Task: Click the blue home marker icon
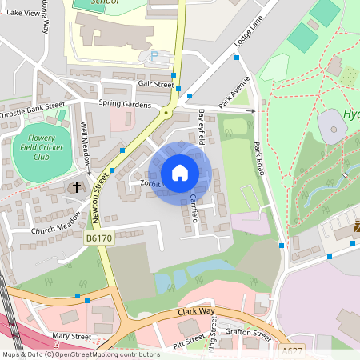point(180,173)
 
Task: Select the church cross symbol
point(78,187)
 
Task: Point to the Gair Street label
point(155,83)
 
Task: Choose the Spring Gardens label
point(125,103)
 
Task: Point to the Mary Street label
point(71,337)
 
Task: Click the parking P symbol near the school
point(154,56)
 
